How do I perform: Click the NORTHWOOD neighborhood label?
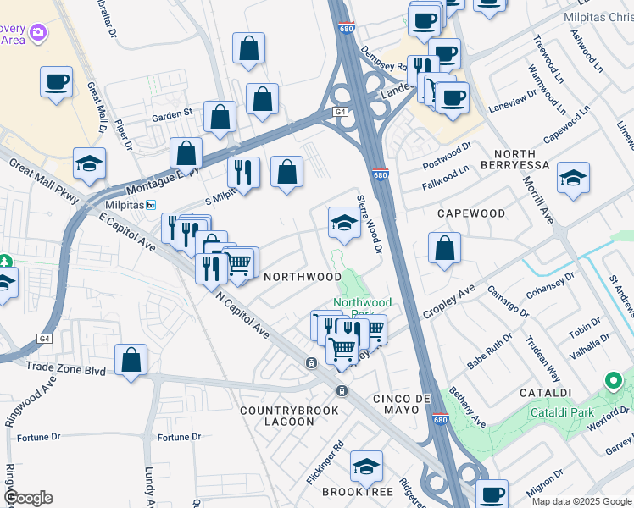tap(302, 277)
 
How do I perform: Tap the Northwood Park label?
tap(362, 302)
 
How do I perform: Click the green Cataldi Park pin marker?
tap(614, 381)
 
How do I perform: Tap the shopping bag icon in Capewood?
tap(444, 250)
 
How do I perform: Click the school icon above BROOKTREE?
tap(366, 466)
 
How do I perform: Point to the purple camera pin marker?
tap(37, 33)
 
